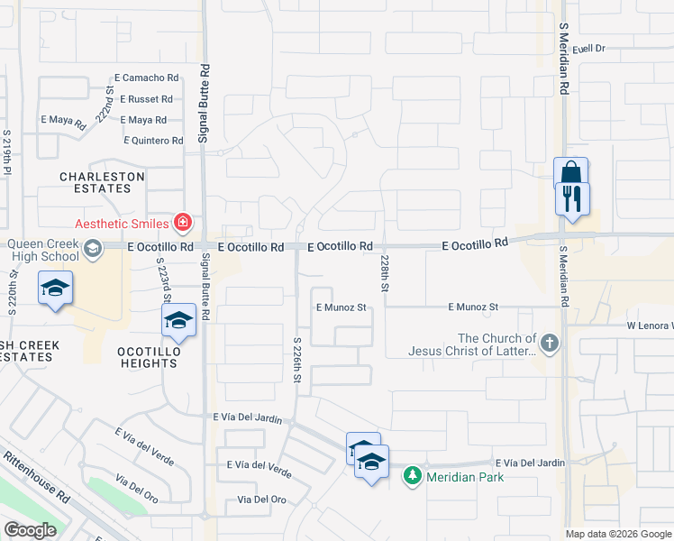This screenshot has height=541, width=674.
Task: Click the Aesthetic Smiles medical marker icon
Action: coord(182,222)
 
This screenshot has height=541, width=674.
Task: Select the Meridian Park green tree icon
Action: coord(413,475)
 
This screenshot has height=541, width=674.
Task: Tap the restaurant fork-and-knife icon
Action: coord(572,198)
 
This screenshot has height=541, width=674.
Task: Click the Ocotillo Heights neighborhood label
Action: coord(146,356)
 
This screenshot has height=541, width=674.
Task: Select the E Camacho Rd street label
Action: coord(148,79)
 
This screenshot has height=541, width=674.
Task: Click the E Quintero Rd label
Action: coord(153,140)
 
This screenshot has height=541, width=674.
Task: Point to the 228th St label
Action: coord(384,273)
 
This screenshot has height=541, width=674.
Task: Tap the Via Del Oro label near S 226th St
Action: coord(261,500)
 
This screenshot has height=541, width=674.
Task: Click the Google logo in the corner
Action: coord(29,530)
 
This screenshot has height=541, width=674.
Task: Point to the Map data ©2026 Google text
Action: coord(618,534)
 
